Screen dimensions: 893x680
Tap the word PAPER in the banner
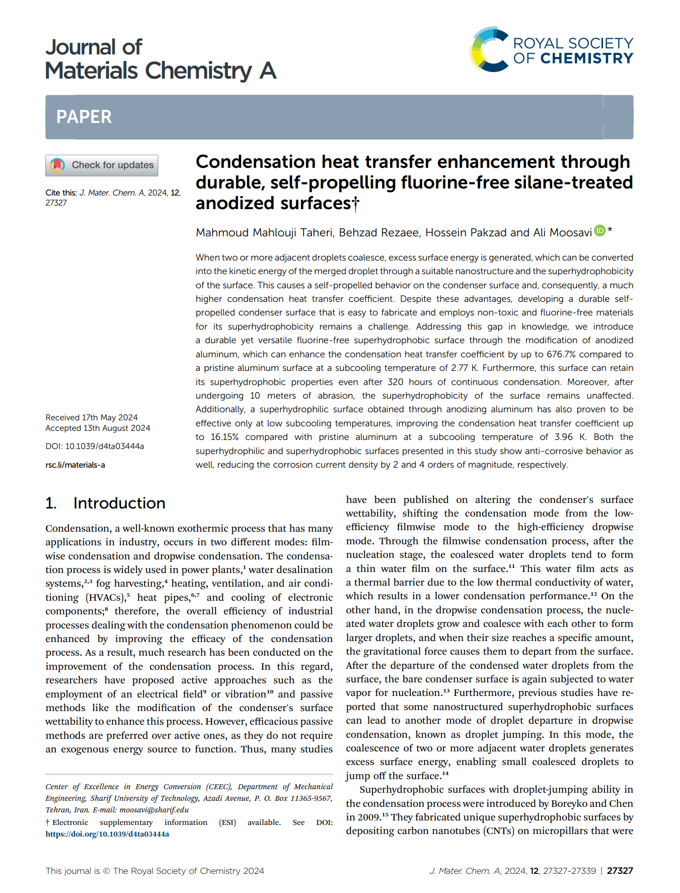[x=84, y=117]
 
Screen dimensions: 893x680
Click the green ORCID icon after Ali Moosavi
[x=599, y=231]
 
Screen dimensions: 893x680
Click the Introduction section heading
[x=119, y=503]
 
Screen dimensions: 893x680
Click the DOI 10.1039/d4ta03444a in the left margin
[x=104, y=446]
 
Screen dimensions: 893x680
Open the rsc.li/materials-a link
[x=75, y=465]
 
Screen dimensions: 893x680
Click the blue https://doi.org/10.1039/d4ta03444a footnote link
[x=107, y=834]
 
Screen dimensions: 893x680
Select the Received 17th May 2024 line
[x=92, y=417]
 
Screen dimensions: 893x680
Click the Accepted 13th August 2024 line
[x=98, y=428]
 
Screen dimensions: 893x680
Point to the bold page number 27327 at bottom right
[x=620, y=871]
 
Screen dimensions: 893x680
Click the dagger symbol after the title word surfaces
[x=356, y=203]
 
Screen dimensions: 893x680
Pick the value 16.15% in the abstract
[x=224, y=437]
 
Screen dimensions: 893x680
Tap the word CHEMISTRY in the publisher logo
[x=586, y=58]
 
